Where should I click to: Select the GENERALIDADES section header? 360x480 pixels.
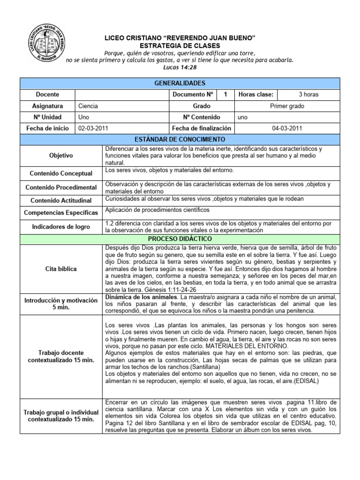click(180, 83)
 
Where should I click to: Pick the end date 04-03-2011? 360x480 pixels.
click(287, 128)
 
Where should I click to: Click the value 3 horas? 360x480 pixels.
click(308, 94)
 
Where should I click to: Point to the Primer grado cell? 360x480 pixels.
click(287, 106)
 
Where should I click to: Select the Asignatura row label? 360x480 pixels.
click(47, 106)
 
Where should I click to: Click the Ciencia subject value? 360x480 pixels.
click(88, 106)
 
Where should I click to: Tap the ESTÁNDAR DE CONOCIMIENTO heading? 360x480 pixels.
click(180, 139)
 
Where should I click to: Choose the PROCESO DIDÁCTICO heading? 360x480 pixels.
click(180, 239)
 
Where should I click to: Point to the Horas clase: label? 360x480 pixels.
click(256, 94)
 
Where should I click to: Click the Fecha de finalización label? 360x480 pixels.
click(202, 128)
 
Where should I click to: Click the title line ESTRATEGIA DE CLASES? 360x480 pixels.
click(180, 45)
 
